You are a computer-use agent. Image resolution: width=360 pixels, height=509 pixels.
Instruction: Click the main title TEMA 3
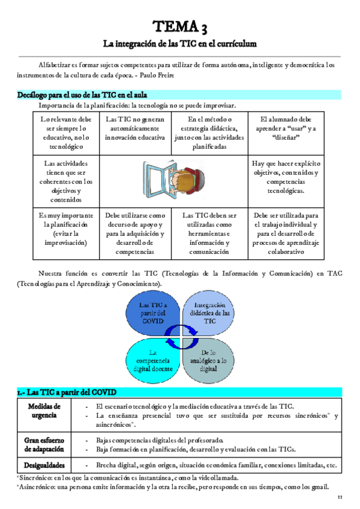click(x=179, y=26)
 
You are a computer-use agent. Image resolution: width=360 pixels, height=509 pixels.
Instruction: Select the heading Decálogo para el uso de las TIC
click(x=83, y=95)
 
